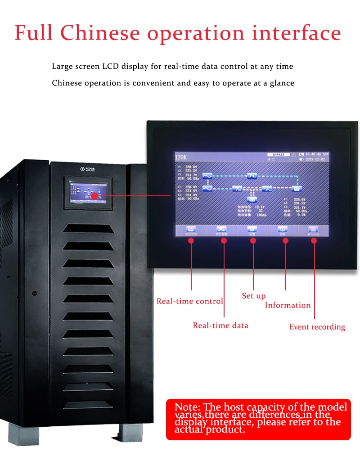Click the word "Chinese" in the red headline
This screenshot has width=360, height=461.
click(100, 33)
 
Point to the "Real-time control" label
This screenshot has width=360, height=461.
click(189, 301)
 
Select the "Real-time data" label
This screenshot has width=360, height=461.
click(220, 325)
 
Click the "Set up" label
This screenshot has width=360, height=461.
click(254, 296)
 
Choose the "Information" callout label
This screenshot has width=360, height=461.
click(288, 305)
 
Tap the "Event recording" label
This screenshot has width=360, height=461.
click(317, 327)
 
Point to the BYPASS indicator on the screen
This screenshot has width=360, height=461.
click(278, 154)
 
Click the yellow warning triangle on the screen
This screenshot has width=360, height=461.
click(294, 154)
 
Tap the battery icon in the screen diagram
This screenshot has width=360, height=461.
click(252, 199)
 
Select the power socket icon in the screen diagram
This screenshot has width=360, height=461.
click(297, 189)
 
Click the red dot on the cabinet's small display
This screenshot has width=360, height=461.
click(94, 196)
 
